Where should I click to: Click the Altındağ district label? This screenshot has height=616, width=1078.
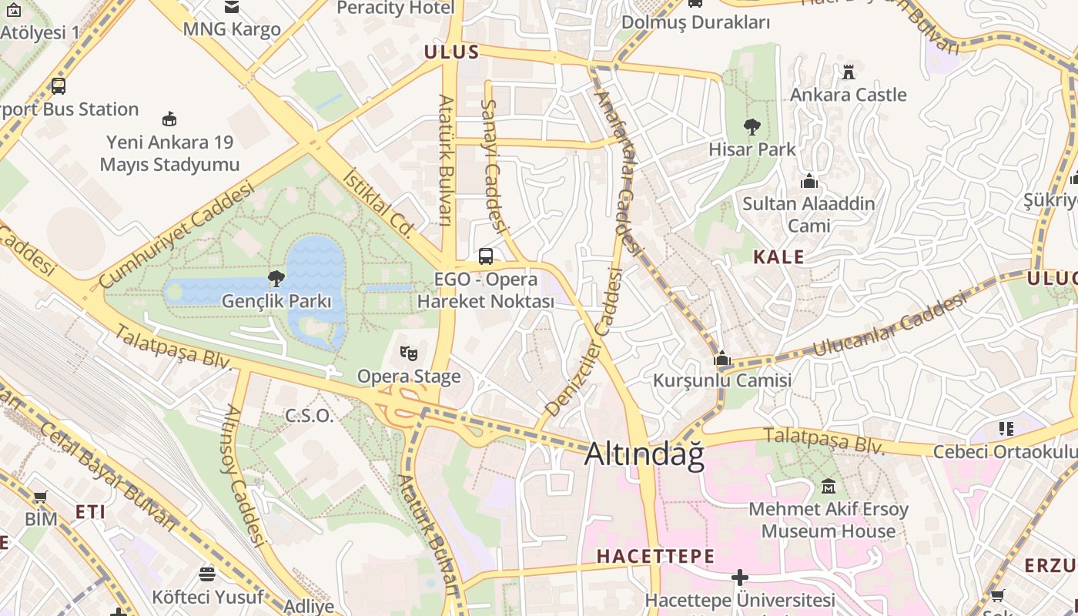(x=644, y=454)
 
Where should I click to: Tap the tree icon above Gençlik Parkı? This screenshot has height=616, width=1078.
(x=276, y=279)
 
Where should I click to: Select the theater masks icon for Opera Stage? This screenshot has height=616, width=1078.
(x=409, y=354)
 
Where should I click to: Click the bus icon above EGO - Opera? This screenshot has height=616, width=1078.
(x=486, y=256)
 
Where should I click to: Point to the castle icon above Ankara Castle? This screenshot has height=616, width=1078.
(x=849, y=72)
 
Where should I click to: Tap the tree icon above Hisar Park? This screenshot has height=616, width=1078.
(x=752, y=127)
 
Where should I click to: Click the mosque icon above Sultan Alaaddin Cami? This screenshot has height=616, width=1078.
(x=808, y=182)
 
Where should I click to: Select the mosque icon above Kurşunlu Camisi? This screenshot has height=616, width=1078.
(x=721, y=359)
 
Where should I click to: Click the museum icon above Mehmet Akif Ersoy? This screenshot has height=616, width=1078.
(x=829, y=487)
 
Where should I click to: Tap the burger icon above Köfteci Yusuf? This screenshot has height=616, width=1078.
(x=207, y=574)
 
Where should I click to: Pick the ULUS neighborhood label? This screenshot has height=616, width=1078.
(x=451, y=52)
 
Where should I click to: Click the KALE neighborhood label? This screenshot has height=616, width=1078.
(x=778, y=257)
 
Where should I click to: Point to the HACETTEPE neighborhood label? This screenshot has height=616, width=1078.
(x=655, y=556)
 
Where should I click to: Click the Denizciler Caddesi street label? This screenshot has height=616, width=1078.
(x=584, y=343)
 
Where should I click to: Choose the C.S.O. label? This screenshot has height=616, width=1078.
(x=310, y=416)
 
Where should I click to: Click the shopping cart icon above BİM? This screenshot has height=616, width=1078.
(x=40, y=497)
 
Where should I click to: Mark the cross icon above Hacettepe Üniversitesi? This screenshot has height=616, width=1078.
(x=739, y=577)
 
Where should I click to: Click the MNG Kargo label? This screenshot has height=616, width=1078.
(x=231, y=30)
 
